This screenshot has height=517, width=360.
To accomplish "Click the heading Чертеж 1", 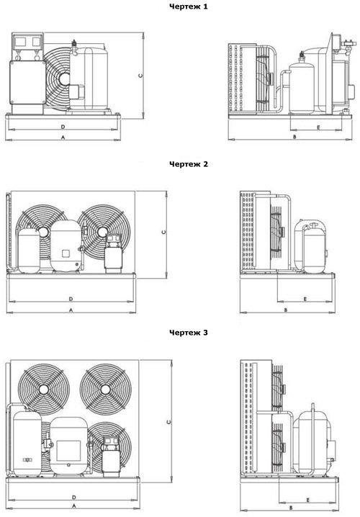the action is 189,6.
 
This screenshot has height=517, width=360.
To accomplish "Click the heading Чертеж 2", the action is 189,164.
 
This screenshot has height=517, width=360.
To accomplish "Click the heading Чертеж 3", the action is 189,333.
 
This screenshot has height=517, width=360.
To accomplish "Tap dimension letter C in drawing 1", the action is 141,76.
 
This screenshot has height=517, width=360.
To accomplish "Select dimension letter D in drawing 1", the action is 63,127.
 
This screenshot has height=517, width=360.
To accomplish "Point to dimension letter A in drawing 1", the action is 63,137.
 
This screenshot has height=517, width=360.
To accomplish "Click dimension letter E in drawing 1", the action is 318,127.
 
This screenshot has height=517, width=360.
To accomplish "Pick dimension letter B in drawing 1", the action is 295,137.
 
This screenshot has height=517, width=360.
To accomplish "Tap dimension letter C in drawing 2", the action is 164,232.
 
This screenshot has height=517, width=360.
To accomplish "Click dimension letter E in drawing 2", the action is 305,299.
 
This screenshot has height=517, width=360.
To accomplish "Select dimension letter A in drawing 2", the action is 71,310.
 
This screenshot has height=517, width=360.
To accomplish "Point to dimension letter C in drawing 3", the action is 168,422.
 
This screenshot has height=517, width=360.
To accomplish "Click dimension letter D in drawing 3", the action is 74,497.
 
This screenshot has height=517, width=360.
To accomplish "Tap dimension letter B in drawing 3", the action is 291,508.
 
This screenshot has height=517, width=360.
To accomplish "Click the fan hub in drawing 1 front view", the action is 65,78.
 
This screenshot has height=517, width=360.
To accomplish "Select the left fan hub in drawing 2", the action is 43,231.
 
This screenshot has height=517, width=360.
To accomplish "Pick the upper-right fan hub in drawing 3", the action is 106,390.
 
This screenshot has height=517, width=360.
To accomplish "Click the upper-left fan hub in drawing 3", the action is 44,390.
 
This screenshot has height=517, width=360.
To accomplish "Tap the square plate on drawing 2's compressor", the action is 66,253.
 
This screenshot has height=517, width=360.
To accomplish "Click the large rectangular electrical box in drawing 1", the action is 27,82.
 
